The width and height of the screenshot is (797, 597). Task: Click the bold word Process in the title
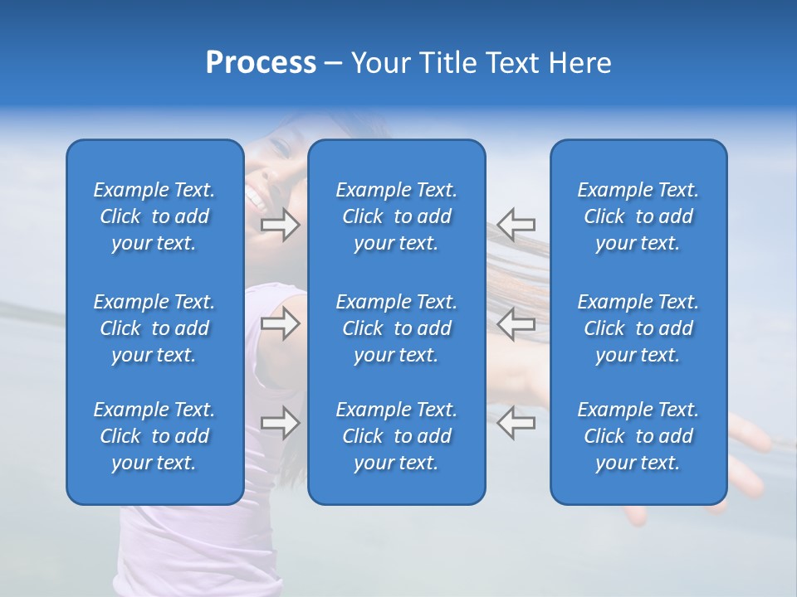[x=261, y=63]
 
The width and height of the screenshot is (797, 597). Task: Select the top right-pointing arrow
[x=281, y=224]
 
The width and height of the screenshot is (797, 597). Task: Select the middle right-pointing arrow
[x=281, y=324]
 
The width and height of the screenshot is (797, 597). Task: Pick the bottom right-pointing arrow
[x=281, y=423]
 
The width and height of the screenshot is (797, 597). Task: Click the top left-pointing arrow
[x=516, y=224]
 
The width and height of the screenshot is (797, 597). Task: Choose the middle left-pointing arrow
[x=516, y=324]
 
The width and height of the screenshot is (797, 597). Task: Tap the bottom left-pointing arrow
[x=516, y=423]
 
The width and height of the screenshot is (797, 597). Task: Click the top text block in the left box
[x=154, y=216]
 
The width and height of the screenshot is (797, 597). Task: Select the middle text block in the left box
[x=154, y=328]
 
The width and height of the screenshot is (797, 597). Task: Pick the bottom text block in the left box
[x=154, y=436]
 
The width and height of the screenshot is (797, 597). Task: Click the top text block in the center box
[x=396, y=216]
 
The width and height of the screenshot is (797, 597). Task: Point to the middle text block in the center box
[x=396, y=328]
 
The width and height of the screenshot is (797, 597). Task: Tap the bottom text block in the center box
[x=396, y=436]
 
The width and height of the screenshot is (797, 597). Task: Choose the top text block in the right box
[x=638, y=216]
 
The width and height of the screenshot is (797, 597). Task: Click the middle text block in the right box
[x=638, y=328]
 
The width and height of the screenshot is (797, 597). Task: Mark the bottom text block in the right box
[x=638, y=436]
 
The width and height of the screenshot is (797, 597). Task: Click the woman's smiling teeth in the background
[x=254, y=198]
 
